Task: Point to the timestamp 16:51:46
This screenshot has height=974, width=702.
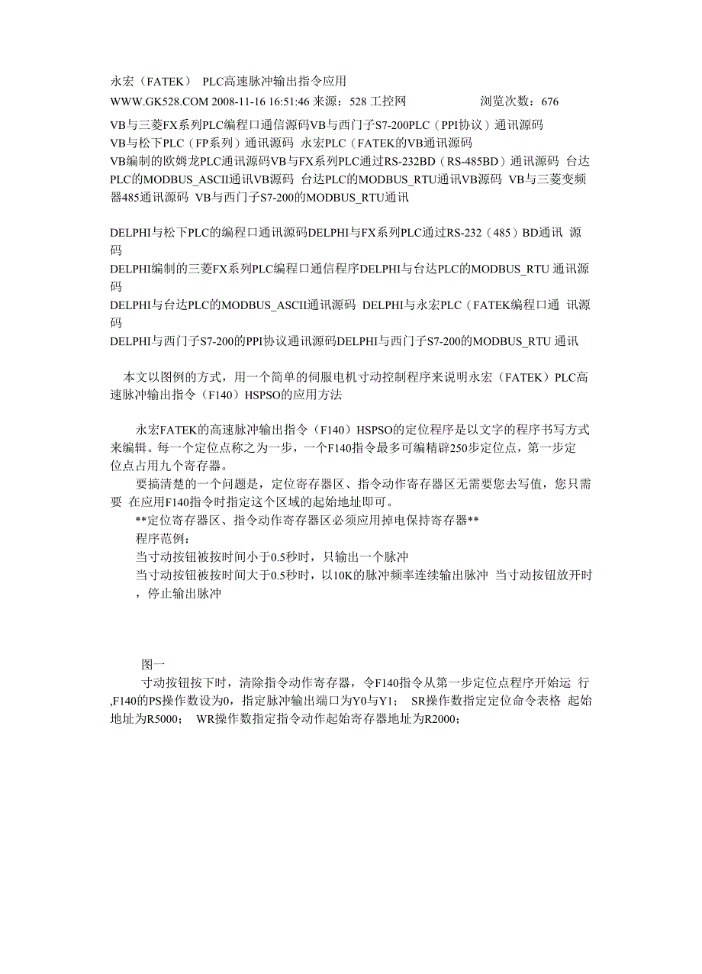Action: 286,101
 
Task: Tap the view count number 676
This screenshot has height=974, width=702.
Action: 549,101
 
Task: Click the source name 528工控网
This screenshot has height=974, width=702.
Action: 377,101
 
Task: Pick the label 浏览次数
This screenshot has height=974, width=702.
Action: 507,101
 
